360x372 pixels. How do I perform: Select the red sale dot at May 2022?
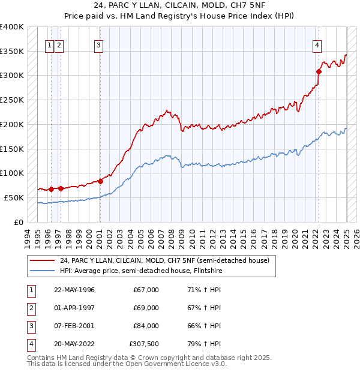coord(319,71)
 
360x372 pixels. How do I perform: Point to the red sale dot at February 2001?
coord(100,181)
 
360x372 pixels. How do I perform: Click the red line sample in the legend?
coord(42,260)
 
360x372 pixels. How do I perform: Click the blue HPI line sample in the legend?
coord(42,271)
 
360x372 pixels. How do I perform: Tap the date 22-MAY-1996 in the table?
coord(74,290)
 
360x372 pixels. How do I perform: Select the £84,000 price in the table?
coord(146,326)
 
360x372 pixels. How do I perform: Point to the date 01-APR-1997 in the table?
coord(74,308)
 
